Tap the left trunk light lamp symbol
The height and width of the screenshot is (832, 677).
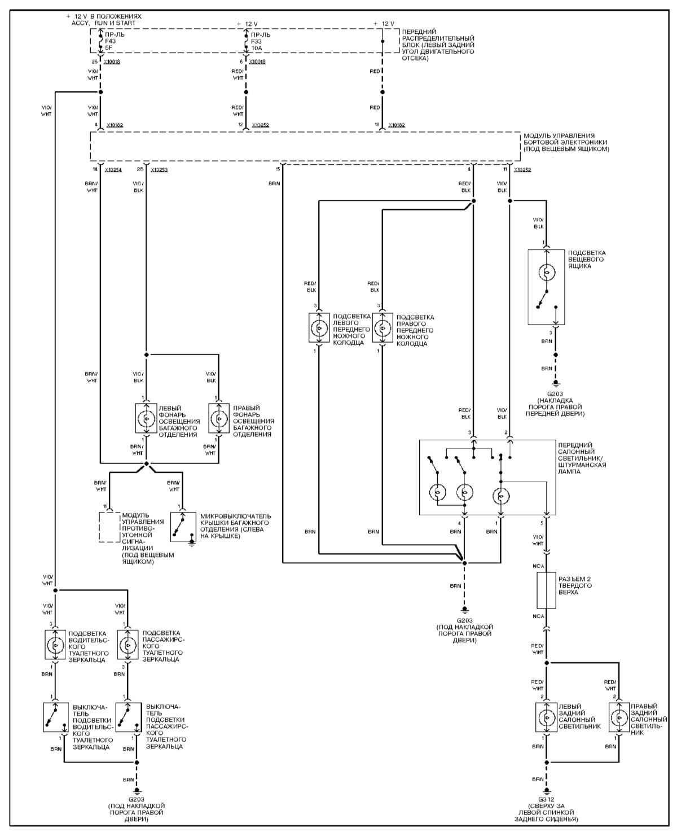pos(146,419)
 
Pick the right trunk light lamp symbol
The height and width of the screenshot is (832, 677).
pos(219,419)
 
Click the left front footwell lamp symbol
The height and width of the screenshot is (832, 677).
pos(319,328)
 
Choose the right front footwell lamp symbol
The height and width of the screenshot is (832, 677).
pos(383,328)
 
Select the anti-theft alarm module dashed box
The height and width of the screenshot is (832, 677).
pos(109,527)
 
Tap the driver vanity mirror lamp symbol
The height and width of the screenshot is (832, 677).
pos(55,645)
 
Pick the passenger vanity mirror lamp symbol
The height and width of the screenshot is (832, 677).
pos(128,645)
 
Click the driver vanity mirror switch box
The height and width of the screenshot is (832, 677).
pos(56,717)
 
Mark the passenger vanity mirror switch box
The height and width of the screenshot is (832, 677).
pos(128,717)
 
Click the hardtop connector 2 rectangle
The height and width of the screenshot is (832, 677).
pos(546,590)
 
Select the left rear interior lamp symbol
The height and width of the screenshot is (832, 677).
pos(546,717)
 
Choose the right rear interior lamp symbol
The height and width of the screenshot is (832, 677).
pos(619,717)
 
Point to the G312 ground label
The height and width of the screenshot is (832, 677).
pos(546,799)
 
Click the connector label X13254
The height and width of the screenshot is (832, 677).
pos(114,169)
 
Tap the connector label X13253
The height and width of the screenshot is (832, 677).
pos(160,169)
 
